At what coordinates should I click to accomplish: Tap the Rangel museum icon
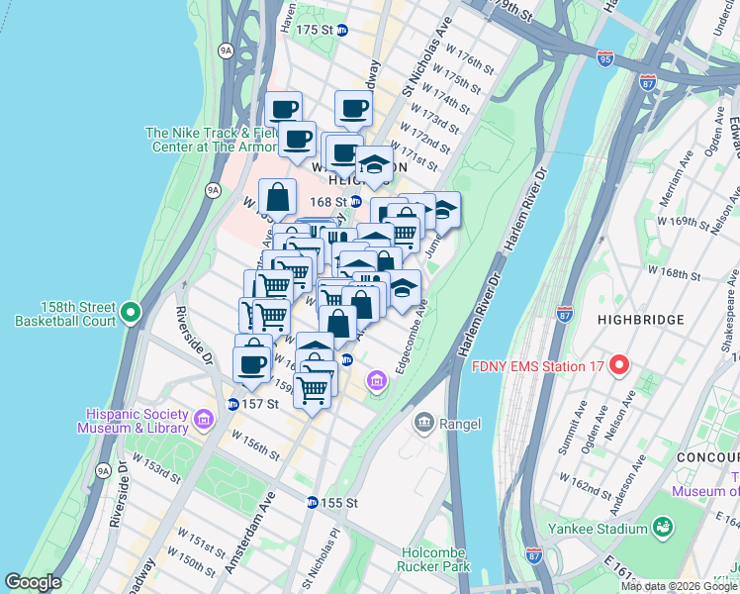pos(424,423)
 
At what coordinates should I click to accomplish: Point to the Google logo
pos(33,582)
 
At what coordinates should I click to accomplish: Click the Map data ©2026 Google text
pos(679,586)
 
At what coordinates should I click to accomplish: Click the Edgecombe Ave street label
pos(412,340)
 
